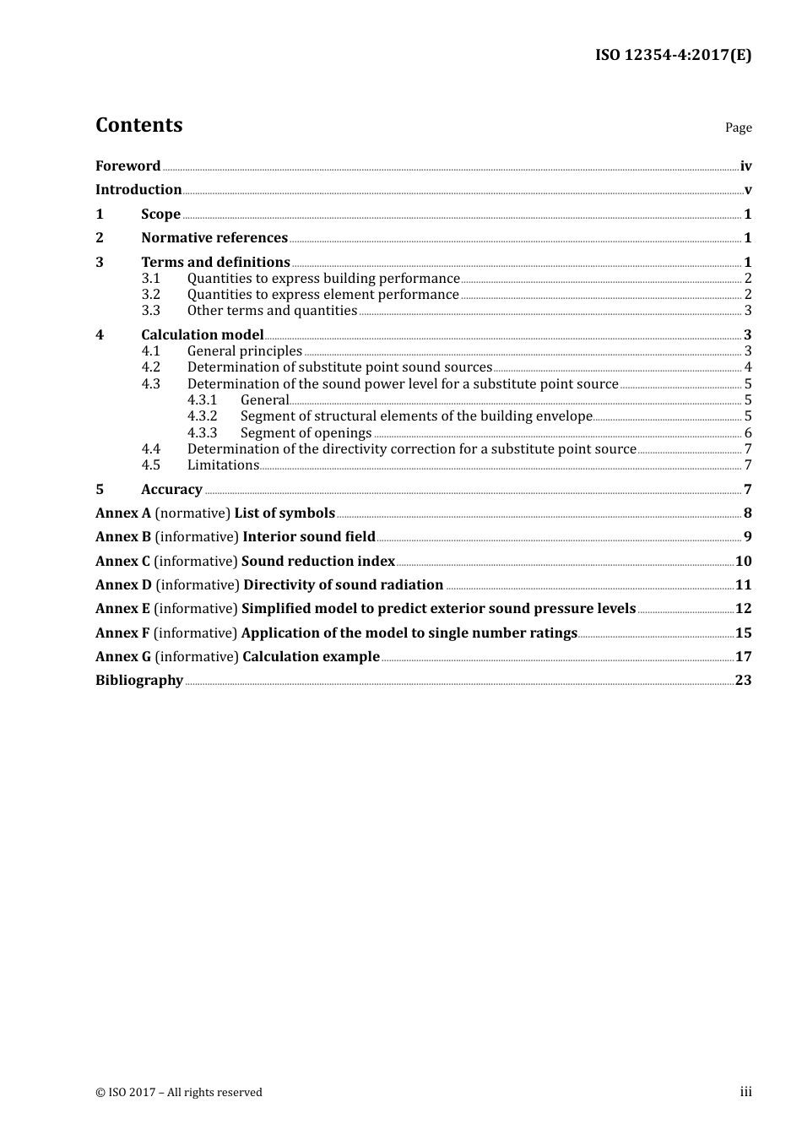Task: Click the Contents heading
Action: point(138,125)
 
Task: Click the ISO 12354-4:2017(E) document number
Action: point(673,55)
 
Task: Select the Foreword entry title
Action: point(127,166)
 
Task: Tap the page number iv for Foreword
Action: point(745,166)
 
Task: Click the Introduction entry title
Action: point(138,189)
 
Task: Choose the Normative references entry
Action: point(214,237)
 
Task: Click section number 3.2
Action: point(150,294)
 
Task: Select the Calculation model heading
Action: point(203,334)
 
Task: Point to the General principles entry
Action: point(245,350)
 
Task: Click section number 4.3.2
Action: point(202,415)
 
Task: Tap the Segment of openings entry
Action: point(306,432)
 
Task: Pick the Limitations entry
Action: point(223,464)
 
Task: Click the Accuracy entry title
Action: point(171,489)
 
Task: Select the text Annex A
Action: point(123,513)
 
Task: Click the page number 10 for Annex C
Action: point(743,561)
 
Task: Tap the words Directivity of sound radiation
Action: point(343,584)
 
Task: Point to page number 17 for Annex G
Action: point(743,656)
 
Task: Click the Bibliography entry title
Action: point(139,680)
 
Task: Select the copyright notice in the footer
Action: point(179,1092)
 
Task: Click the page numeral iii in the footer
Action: point(745,1091)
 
